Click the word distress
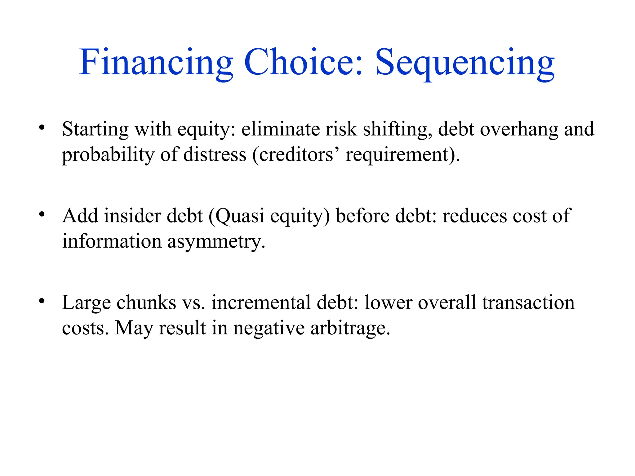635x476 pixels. pos(215,154)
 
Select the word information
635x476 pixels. pos(112,241)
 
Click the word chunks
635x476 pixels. pos(146,302)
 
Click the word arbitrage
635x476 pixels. pos(350,328)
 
